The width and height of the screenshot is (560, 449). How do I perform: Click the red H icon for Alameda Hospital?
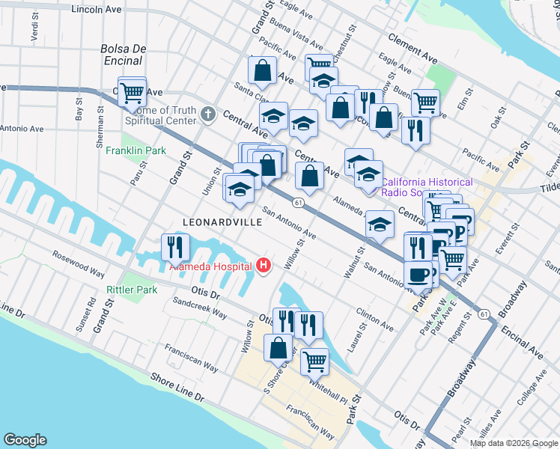pos(263,265)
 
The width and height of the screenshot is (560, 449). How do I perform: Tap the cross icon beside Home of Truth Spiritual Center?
pos(209,114)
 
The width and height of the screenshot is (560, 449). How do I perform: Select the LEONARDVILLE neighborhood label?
pos(224,222)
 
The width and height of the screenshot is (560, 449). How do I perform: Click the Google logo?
pos(25,440)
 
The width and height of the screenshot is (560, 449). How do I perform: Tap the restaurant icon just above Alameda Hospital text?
pos(175,246)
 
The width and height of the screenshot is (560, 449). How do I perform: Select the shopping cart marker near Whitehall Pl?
pos(314,361)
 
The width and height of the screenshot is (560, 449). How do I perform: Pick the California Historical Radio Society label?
pos(427,187)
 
